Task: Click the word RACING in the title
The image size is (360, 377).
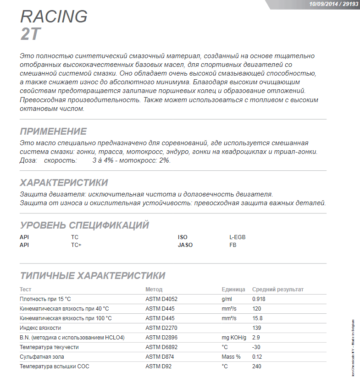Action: point(54,16)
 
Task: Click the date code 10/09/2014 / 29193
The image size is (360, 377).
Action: point(333,4)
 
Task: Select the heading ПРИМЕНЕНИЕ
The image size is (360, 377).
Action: point(53,131)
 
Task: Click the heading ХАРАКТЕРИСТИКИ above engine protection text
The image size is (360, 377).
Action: point(64,183)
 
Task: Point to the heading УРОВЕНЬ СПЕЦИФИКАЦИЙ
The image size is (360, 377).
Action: point(84,225)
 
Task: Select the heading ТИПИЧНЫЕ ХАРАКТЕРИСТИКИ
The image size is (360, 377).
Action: point(93,276)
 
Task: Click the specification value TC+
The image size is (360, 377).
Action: point(76,245)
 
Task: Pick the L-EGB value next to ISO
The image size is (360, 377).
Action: point(238,237)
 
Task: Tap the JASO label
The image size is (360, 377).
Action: point(185,245)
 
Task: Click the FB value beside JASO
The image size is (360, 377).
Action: point(233,245)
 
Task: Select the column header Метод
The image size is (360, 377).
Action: point(154,290)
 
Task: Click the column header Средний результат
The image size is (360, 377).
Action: point(278,290)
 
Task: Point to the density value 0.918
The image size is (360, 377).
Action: point(259,299)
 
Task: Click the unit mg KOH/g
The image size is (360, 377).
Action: point(234,338)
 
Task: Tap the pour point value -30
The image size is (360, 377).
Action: point(256,347)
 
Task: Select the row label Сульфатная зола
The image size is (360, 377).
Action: point(42,357)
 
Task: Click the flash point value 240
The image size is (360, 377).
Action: point(256,366)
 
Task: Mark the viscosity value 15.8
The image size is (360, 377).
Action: point(257,318)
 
